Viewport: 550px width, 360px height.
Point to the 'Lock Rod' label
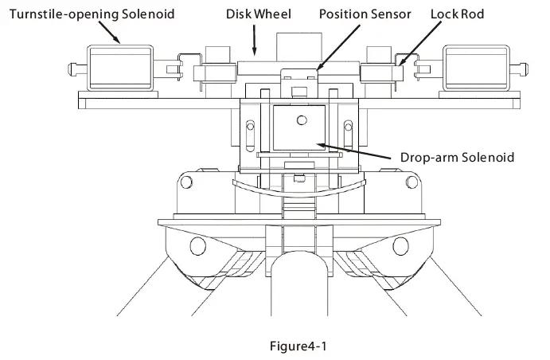pyautogui.click(x=457, y=14)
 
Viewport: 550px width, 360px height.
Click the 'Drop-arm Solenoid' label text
pyautogui.click(x=456, y=157)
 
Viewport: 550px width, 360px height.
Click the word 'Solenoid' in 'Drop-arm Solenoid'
pyautogui.click(x=489, y=157)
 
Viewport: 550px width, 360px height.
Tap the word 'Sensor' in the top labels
pyautogui.click(x=390, y=14)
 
